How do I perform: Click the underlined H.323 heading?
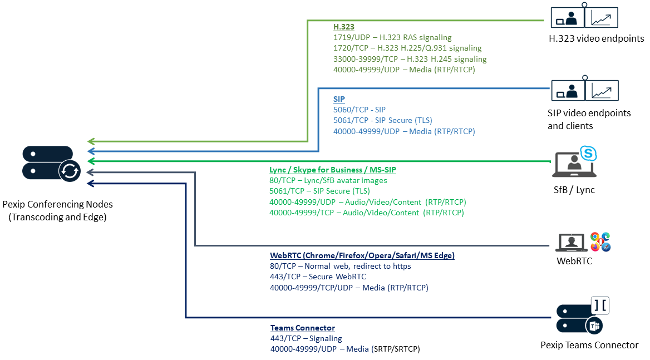[x=343, y=27]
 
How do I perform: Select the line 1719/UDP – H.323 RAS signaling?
[x=392, y=37]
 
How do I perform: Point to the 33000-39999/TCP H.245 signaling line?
[x=410, y=59]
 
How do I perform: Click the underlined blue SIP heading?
[x=339, y=99]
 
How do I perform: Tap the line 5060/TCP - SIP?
[x=359, y=110]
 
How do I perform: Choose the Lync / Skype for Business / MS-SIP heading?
[x=332, y=170]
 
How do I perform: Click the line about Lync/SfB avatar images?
[x=328, y=180]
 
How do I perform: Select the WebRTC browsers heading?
[x=362, y=255]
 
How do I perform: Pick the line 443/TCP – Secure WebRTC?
[x=318, y=277]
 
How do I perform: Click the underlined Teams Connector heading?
[x=302, y=328]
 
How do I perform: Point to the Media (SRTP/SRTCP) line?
[x=344, y=349]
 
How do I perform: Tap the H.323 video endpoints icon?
[x=584, y=17]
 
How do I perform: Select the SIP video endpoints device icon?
[x=584, y=90]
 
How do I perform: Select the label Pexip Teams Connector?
[x=589, y=345]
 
